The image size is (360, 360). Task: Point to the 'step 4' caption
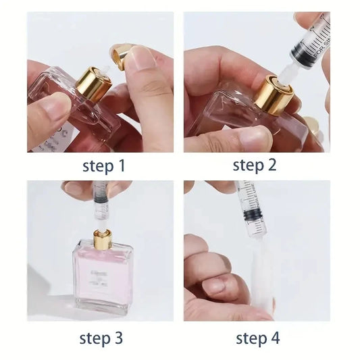[x=257, y=338]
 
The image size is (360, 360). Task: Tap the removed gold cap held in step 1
[x=124, y=56]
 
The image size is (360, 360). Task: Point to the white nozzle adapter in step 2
[x=282, y=68]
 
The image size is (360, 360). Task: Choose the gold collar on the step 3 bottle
[x=103, y=239]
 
